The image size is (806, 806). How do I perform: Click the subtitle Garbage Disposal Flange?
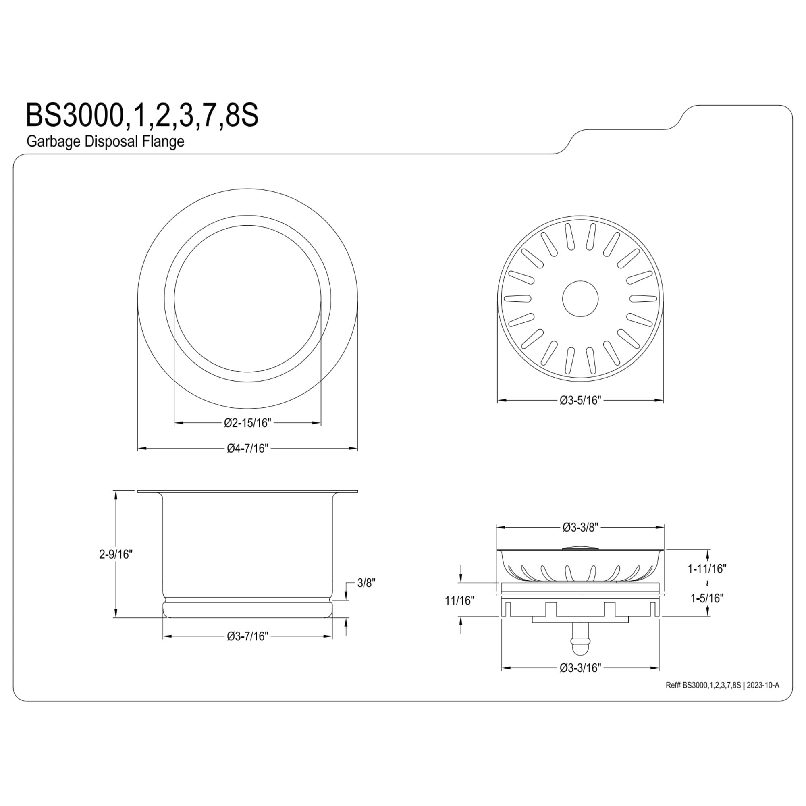pyautogui.click(x=105, y=141)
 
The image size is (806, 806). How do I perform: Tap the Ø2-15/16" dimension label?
pyautogui.click(x=247, y=423)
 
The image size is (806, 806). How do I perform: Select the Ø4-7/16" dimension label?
pyautogui.click(x=247, y=449)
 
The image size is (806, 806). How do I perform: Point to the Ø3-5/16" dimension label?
pyautogui.click(x=580, y=401)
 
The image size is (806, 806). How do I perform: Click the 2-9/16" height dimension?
pyautogui.click(x=116, y=555)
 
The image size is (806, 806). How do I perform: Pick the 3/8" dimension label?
pyautogui.click(x=367, y=583)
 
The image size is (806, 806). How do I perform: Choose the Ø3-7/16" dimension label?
pyautogui.click(x=247, y=648)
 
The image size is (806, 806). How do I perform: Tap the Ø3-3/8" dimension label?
pyautogui.click(x=581, y=528)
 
